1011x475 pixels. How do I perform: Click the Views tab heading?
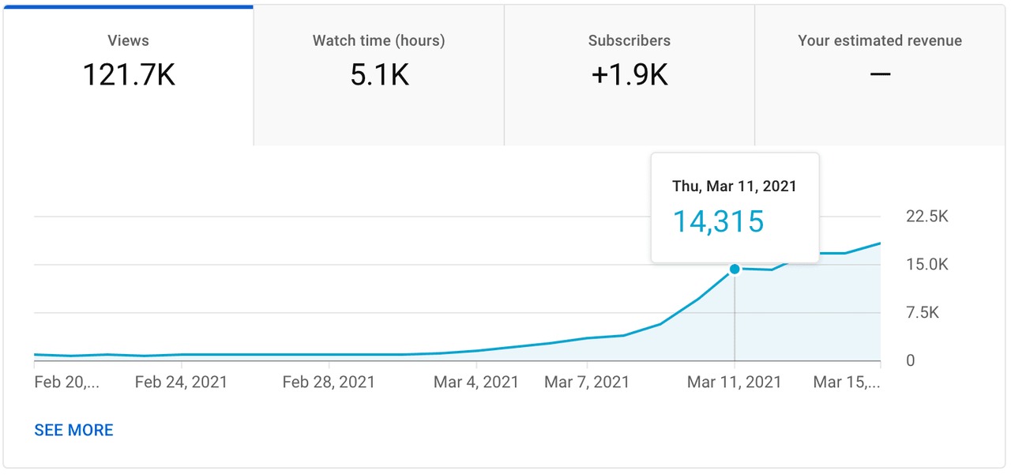coord(128,40)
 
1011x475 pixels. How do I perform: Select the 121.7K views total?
coord(128,75)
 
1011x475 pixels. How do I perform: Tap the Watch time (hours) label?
coord(378,40)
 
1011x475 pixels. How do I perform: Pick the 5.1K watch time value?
coord(379,75)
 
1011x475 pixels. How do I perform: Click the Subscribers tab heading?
coord(630,40)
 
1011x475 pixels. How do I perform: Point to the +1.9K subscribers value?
coord(630,75)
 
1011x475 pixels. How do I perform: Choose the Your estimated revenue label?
coord(880,40)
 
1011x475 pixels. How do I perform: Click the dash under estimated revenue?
coord(880,74)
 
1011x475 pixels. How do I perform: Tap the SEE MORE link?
coord(73,430)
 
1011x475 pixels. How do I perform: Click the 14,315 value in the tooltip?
coord(718,221)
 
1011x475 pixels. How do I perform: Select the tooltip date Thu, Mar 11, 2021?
coord(735,187)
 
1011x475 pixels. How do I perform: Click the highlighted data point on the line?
coord(735,269)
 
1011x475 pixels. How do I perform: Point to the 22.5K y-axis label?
coord(927,217)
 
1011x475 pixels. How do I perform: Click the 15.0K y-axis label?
coord(927,265)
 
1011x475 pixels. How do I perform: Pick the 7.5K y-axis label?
coord(923,313)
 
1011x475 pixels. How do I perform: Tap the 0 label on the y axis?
coord(911,360)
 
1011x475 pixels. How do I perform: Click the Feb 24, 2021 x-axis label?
coord(181,383)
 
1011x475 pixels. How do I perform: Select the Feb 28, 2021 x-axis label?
coord(329,383)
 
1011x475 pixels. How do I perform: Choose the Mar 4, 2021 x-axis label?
coord(476,383)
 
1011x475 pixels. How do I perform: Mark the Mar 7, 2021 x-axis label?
coord(587,383)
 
